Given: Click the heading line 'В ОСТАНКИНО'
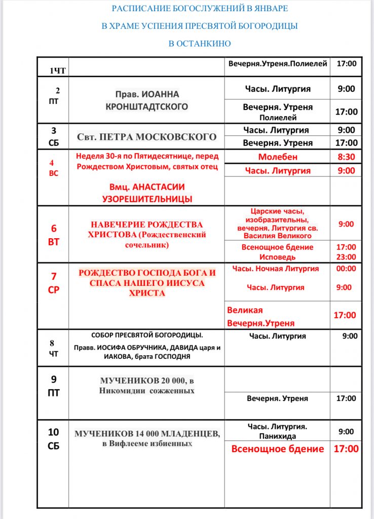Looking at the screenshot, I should [199, 44].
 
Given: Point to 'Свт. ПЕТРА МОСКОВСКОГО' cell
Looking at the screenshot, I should [146, 137].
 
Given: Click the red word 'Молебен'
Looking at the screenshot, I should [278, 157].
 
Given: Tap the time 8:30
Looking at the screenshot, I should [346, 157].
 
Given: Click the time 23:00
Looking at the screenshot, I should [346, 257].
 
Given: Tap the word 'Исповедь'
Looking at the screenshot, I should [277, 257].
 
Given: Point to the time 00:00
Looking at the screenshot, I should [346, 269].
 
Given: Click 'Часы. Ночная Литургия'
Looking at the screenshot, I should [276, 269].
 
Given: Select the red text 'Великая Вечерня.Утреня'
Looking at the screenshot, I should [260, 316].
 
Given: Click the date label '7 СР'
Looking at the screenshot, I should [54, 284].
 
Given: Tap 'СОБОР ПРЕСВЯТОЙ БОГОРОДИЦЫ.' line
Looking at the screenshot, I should [147, 336].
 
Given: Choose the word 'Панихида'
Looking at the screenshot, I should [277, 436].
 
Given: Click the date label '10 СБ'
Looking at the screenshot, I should [54, 439].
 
